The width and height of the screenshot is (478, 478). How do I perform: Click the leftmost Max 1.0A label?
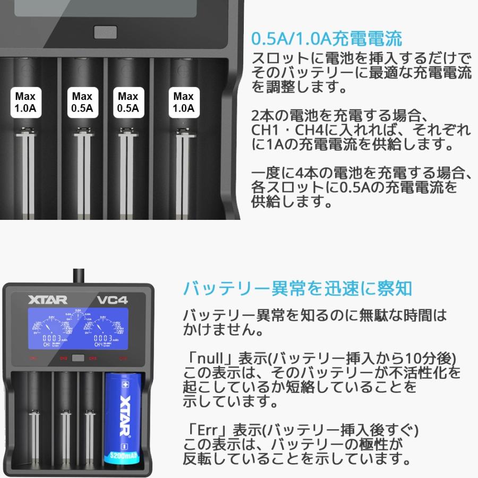[x=25, y=103]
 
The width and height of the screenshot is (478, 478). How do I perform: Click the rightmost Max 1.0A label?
[x=183, y=103]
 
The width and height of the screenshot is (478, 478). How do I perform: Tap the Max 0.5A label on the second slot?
[x=82, y=103]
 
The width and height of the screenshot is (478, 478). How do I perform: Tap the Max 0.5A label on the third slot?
[x=128, y=103]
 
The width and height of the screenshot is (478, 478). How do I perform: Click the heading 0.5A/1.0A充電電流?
[x=326, y=38]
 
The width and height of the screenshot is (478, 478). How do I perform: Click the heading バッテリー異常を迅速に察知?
[x=297, y=288]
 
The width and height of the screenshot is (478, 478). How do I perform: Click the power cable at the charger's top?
[x=78, y=274]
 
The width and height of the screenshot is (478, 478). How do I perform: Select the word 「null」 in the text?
[x=206, y=357]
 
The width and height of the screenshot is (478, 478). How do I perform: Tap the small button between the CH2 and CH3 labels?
[x=78, y=358]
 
